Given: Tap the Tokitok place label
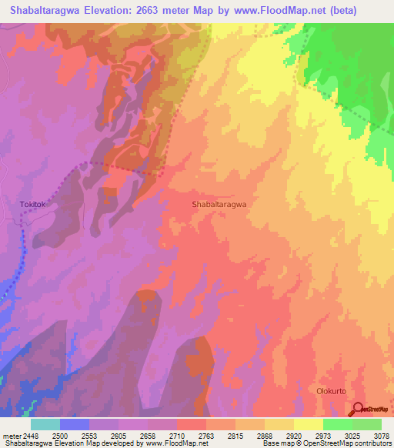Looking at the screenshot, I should [x=33, y=205].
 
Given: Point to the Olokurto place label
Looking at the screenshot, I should [x=332, y=391].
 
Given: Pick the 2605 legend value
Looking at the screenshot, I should [x=119, y=436].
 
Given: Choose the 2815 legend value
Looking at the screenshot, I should [x=235, y=436].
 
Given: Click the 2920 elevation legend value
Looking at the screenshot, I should [x=293, y=436].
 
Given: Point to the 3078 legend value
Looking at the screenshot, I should [x=380, y=436].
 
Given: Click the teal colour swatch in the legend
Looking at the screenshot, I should [x=45, y=424].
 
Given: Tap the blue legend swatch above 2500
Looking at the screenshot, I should [x=75, y=424].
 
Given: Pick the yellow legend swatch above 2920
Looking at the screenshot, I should [x=308, y=424].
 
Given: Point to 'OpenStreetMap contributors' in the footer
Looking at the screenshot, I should [x=357, y=444].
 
